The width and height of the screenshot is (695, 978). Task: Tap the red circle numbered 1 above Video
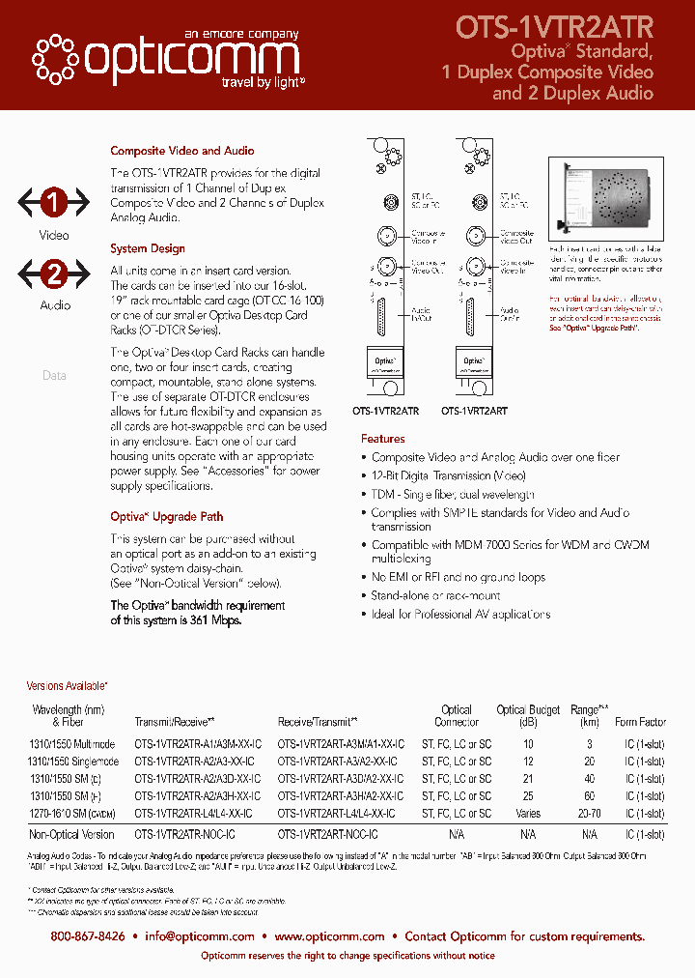54,203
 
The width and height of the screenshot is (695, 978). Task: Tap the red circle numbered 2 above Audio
54,273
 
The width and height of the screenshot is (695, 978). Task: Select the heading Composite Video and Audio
182,151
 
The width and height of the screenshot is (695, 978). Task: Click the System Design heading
148,248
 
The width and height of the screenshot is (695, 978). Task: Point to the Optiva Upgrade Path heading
166,516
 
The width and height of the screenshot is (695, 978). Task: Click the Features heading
383,439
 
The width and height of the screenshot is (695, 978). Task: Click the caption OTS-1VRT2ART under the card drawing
475,411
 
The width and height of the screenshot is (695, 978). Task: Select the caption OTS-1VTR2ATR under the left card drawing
386,411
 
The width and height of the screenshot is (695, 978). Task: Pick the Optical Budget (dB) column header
528,715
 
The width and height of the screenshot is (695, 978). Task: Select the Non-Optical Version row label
71,834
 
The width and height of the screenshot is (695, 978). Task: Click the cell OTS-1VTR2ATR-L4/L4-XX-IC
193,814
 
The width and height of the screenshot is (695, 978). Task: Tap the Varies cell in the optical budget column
528,814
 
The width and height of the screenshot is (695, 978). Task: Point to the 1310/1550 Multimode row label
71,744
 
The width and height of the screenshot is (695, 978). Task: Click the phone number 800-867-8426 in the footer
88,935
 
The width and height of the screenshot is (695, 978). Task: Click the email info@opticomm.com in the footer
200,935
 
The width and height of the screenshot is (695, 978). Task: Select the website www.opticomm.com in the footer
329,935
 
